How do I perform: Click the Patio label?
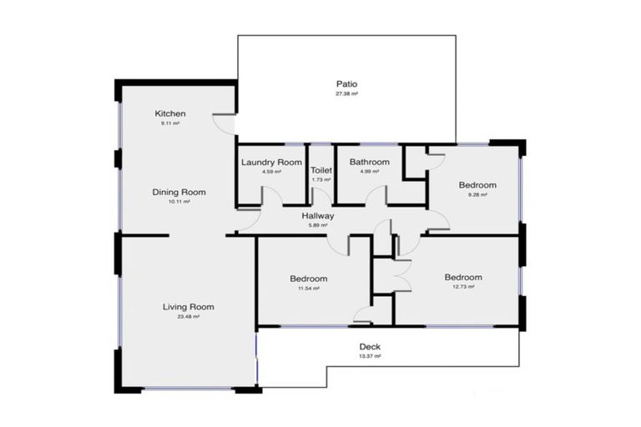pyautogui.click(x=346, y=84)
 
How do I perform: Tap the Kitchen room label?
pyautogui.click(x=170, y=113)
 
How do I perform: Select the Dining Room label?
pyautogui.click(x=179, y=192)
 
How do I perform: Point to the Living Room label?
pyautogui.click(x=188, y=307)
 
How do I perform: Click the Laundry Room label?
pyautogui.click(x=271, y=162)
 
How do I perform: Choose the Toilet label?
pyautogui.click(x=321, y=170)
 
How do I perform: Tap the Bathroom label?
pyautogui.click(x=370, y=162)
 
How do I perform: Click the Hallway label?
pyautogui.click(x=318, y=216)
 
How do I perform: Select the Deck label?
pyautogui.click(x=370, y=346)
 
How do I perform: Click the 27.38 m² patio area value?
pyautogui.click(x=346, y=94)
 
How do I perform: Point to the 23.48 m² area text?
pyautogui.click(x=188, y=317)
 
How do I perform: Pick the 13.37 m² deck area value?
pyautogui.click(x=370, y=356)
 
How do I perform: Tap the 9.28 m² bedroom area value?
pyautogui.click(x=477, y=195)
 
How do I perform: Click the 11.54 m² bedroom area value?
pyautogui.click(x=309, y=288)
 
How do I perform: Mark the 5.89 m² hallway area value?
pyautogui.click(x=318, y=225)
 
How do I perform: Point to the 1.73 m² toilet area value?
pyautogui.click(x=321, y=179)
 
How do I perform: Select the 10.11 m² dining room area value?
pyautogui.click(x=179, y=202)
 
